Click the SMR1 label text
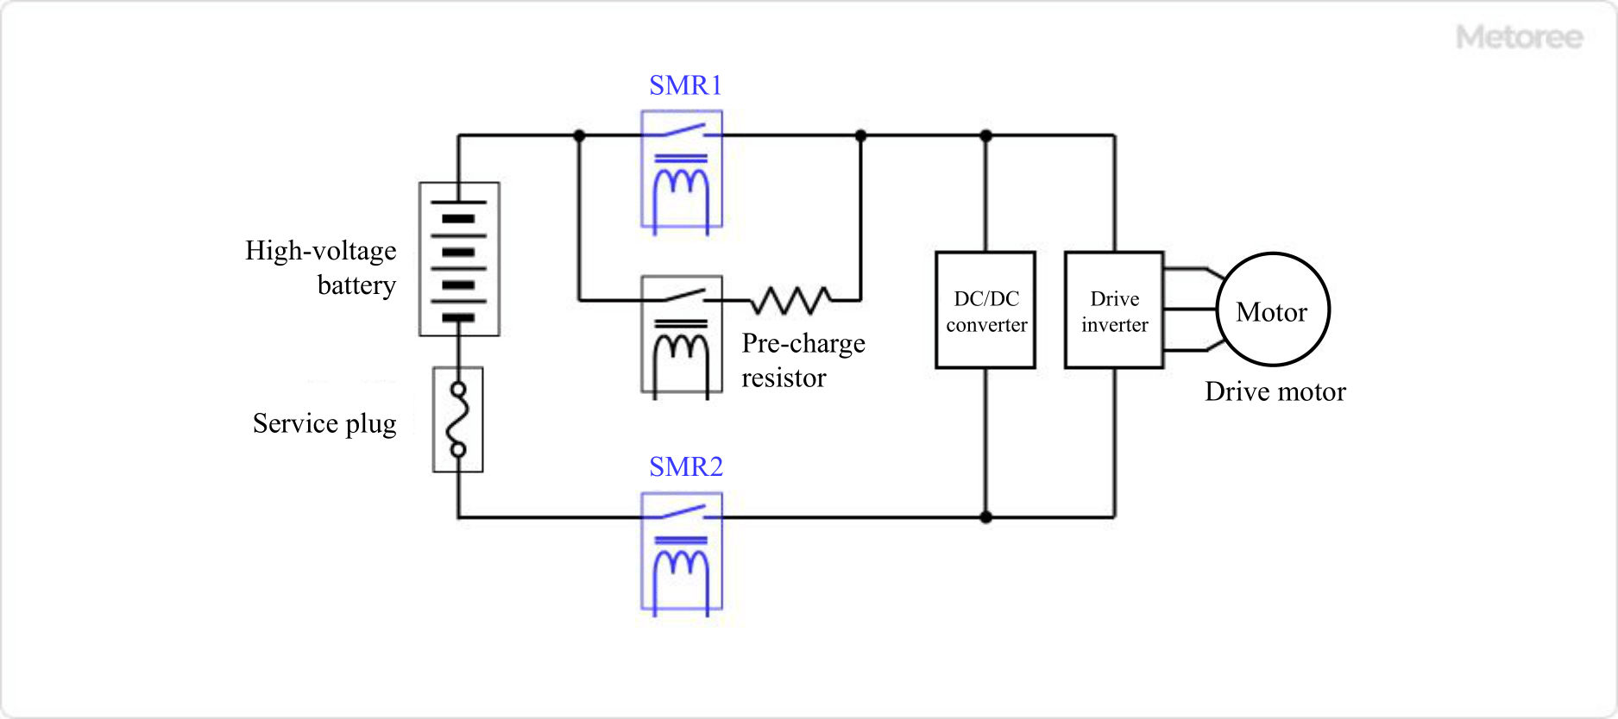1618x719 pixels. click(x=685, y=85)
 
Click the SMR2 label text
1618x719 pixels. click(x=685, y=466)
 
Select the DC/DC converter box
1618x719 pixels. click(x=985, y=310)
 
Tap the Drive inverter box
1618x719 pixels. click(x=1114, y=310)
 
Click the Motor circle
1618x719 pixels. click(x=1273, y=309)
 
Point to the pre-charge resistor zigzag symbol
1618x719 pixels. click(x=790, y=300)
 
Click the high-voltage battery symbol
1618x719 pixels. click(x=459, y=259)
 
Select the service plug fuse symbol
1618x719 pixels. click(x=458, y=420)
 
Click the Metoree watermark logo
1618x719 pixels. click(x=1519, y=37)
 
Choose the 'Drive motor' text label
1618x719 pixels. click(x=1275, y=391)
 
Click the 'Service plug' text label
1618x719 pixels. click(x=324, y=423)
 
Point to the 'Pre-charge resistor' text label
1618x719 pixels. click(x=803, y=360)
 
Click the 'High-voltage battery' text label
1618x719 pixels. click(x=321, y=267)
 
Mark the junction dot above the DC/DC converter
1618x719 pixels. click(x=985, y=135)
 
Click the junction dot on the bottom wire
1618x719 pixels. click(x=985, y=517)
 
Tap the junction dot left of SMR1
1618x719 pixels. click(x=579, y=135)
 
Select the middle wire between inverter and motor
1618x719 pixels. click(x=1189, y=309)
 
